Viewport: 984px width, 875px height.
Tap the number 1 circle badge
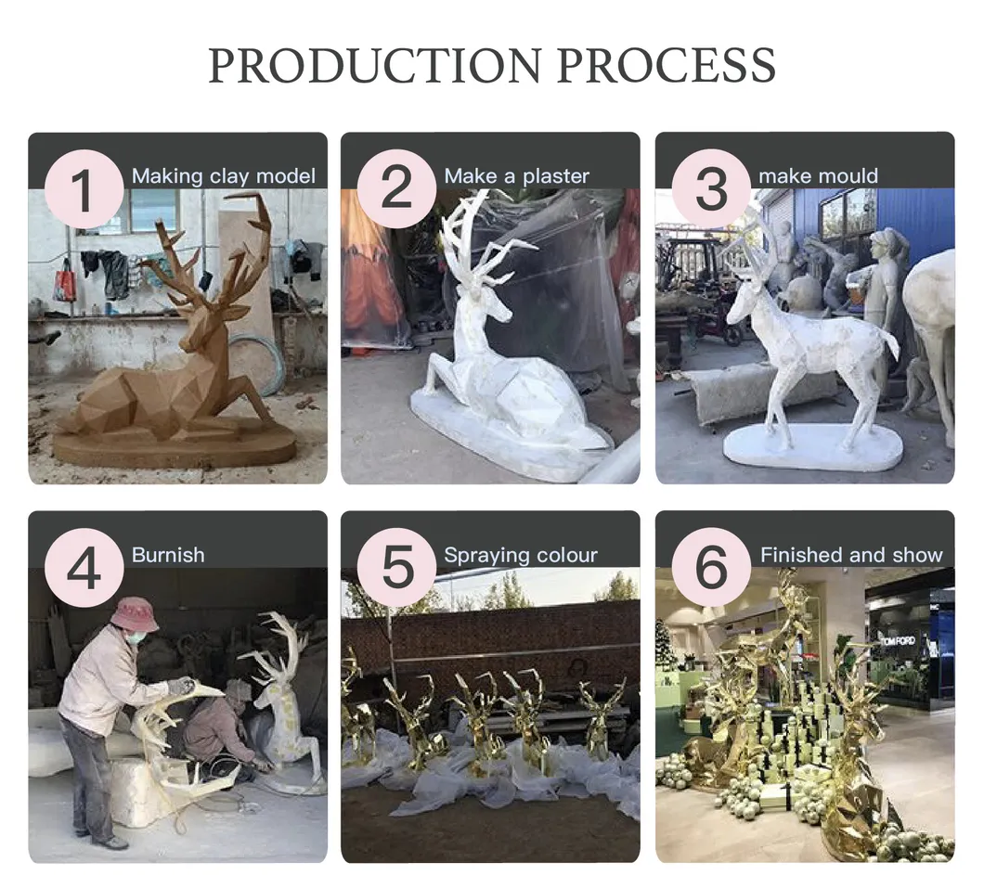click(x=84, y=188)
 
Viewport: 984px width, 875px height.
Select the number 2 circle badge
click(x=396, y=188)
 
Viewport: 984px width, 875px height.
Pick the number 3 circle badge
click(x=710, y=188)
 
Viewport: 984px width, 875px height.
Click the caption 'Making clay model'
click(x=223, y=176)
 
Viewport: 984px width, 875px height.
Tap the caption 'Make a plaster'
click(x=516, y=176)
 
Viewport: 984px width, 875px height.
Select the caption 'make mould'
click(x=818, y=176)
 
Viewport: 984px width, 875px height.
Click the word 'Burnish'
click(x=168, y=555)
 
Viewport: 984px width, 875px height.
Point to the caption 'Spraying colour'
click(x=520, y=556)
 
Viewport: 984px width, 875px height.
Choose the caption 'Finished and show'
click(x=851, y=555)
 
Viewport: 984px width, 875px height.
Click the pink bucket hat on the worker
click(x=134, y=613)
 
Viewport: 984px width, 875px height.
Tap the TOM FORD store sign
click(x=899, y=641)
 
